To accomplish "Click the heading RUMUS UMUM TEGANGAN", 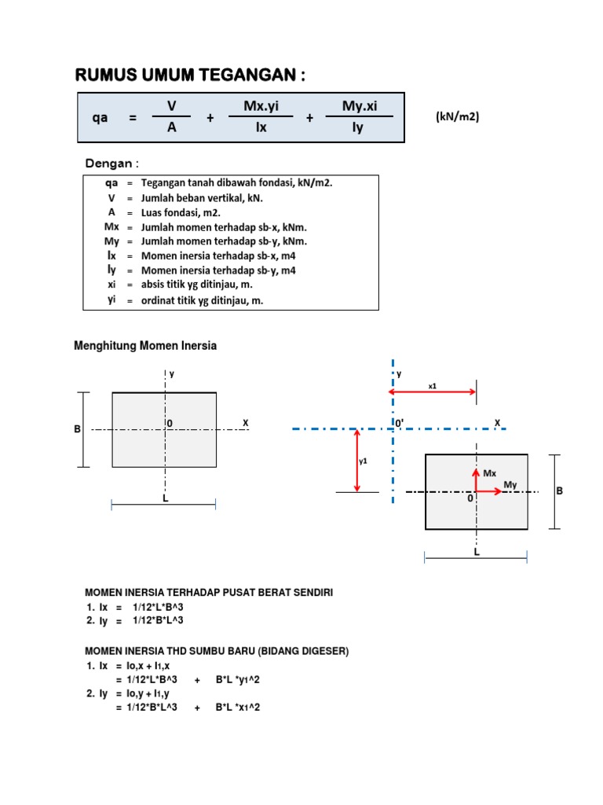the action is point(190,75).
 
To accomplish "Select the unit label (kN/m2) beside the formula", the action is point(458,116).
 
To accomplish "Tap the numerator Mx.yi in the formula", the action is point(261,106).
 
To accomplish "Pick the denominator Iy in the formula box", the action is point(358,128).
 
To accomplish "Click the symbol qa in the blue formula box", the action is point(100,118).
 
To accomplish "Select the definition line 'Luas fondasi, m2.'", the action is point(181,212).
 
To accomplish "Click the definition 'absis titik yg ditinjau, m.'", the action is point(197,285).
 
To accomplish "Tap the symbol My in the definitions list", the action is point(111,241).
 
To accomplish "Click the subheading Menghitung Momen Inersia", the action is point(145,346).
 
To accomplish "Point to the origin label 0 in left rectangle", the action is point(170,424).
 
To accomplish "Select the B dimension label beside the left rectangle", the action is point(78,428).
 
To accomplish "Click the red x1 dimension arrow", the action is point(433,391).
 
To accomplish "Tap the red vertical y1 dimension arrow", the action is point(357,461).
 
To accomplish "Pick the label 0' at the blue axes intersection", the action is point(399,422).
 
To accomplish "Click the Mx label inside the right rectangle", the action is point(490,473).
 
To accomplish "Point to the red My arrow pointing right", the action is point(488,491).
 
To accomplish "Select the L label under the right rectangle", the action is point(477,552).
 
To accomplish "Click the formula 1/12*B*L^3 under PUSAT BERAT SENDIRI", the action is point(158,620).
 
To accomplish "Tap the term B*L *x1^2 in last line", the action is point(238,707).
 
